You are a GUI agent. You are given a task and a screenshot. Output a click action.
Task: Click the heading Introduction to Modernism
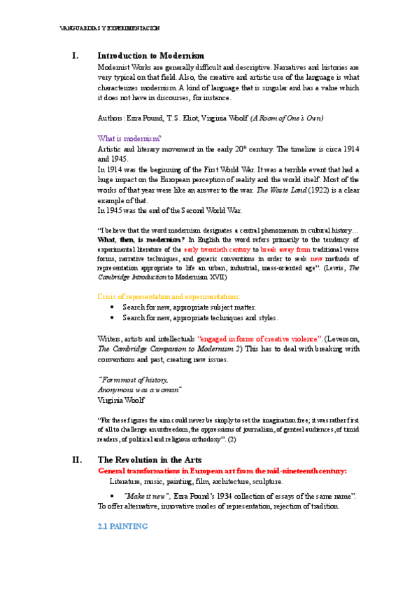coord(150,55)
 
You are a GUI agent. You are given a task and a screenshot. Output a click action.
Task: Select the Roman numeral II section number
coord(78,460)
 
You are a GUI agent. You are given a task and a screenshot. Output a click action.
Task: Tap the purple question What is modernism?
coord(129,139)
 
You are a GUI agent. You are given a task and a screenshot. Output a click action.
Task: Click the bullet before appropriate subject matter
coord(113,308)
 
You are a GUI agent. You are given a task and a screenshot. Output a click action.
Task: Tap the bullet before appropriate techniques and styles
coord(113,317)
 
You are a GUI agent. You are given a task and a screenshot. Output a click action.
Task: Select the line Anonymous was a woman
coord(139,389)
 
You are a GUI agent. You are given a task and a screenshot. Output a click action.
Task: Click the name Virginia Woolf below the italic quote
coord(121,399)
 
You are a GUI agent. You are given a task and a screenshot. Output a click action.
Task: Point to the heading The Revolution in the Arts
coord(150,460)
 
